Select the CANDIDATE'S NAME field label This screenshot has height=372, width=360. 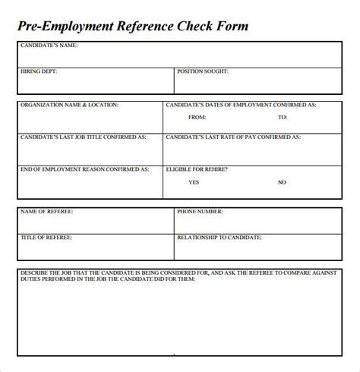49,45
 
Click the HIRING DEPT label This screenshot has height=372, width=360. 39,71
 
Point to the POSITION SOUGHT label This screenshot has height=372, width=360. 203,71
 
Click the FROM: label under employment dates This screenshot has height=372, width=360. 197,118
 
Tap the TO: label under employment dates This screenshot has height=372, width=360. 282,118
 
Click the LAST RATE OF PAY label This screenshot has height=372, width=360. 234,137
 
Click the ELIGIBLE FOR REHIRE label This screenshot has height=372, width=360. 204,169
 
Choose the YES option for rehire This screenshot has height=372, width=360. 194,182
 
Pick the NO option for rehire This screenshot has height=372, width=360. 282,182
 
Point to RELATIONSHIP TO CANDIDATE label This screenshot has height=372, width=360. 219,238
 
